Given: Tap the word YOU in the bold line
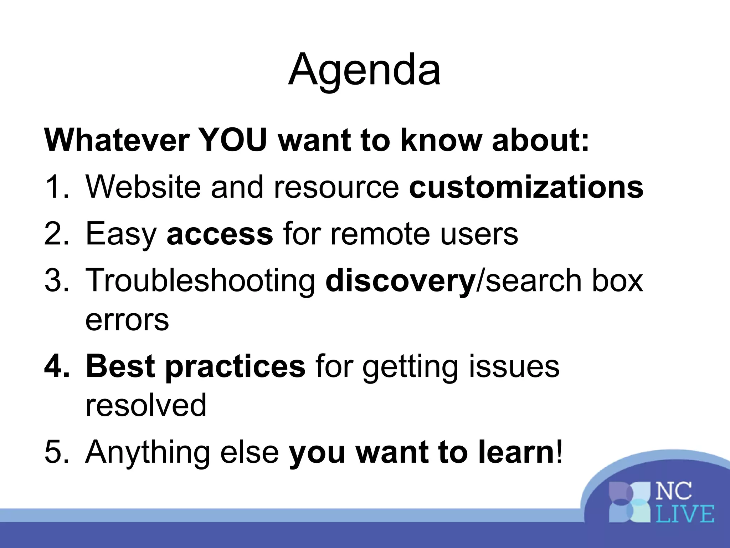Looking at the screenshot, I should point(232,140).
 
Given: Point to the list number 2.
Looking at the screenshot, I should point(54,234).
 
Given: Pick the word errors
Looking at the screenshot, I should point(127,320).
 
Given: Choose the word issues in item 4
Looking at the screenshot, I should point(514,366).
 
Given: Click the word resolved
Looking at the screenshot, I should point(146,405).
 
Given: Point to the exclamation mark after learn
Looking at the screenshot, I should point(559,452).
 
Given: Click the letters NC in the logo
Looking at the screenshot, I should point(674,492).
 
